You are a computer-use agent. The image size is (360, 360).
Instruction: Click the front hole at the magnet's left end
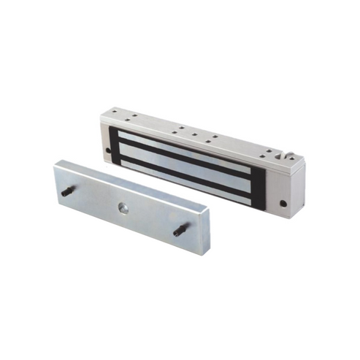[109, 150]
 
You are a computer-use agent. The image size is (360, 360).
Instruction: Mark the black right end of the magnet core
[258, 183]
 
